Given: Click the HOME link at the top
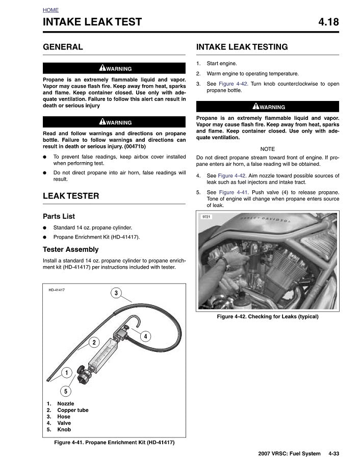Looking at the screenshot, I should click(x=50, y=10).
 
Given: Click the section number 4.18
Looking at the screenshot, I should click(x=328, y=22).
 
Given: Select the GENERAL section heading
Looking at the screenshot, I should click(x=63, y=47).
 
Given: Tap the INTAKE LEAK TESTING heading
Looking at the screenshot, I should click(x=242, y=47).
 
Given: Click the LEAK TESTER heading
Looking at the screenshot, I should click(x=71, y=196).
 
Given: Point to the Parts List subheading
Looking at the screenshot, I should click(x=59, y=216).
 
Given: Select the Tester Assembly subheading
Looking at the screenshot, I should click(x=71, y=249).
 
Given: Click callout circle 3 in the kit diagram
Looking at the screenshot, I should click(x=116, y=293).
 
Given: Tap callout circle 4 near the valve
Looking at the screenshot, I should click(x=145, y=336).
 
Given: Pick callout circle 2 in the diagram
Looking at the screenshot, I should click(x=94, y=343).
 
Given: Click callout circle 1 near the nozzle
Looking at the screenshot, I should click(x=66, y=373).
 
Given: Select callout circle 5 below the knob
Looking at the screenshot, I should click(x=66, y=391).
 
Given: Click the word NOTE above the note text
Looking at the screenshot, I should click(x=267, y=148).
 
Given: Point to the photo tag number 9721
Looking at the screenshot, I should click(x=207, y=217).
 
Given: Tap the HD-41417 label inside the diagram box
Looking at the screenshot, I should click(x=57, y=290).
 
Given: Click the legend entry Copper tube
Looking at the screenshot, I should click(x=73, y=410).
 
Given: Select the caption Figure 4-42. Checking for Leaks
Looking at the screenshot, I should click(x=268, y=317).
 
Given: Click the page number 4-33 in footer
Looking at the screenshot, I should click(x=334, y=453).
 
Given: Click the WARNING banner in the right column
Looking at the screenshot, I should click(x=268, y=107).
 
